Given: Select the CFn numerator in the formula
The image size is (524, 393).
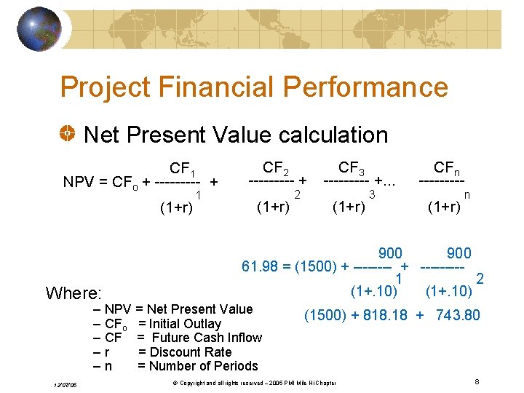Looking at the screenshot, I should pyautogui.click(x=447, y=168).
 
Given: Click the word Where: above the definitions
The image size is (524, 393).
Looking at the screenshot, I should pyautogui.click(x=74, y=294).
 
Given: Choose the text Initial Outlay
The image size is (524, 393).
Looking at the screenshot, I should pyautogui.click(x=184, y=323).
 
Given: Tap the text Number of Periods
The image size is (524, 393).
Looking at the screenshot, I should pyautogui.click(x=197, y=366).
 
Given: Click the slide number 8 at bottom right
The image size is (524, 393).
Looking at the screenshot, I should pyautogui.click(x=477, y=381).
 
